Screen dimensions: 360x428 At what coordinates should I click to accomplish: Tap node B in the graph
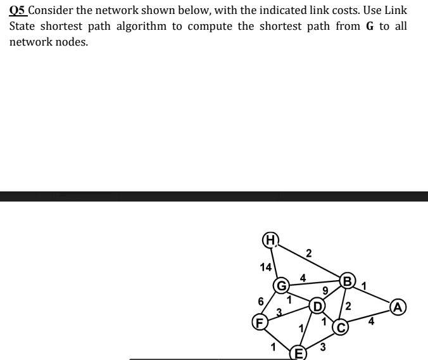tap(346, 280)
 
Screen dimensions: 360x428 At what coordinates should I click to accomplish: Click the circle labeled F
tap(258, 321)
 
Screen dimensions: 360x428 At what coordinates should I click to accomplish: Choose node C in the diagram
tap(340, 327)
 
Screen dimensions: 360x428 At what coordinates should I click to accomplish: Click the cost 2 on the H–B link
tap(308, 255)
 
